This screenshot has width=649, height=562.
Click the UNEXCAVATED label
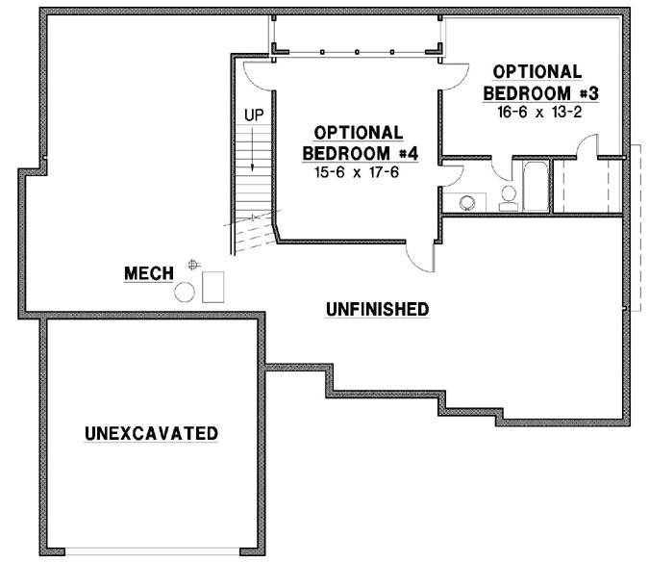tap(151, 433)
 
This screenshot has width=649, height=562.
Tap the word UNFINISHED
tap(377, 309)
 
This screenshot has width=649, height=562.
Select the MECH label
tap(149, 274)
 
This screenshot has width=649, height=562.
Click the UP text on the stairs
tap(254, 115)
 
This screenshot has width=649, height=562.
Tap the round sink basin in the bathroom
tap(466, 203)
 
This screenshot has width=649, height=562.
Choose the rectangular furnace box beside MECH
tap(213, 286)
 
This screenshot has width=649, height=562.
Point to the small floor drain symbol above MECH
tap(194, 264)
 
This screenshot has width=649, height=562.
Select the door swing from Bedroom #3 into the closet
tap(588, 149)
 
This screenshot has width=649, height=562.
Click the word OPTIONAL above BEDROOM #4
tap(358, 132)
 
